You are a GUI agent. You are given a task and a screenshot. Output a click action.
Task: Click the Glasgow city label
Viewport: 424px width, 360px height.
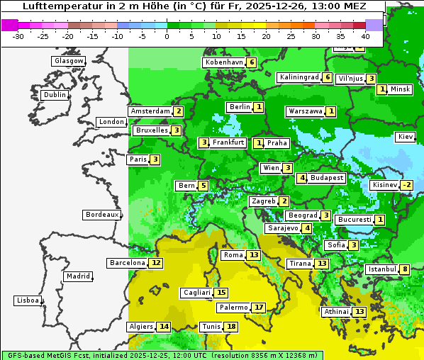(x=68, y=61)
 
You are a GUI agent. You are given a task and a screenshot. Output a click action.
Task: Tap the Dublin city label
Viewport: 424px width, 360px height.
(x=54, y=95)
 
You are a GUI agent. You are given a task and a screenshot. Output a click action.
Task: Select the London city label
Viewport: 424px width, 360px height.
(x=111, y=122)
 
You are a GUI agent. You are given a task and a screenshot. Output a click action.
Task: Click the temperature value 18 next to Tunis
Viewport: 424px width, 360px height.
(x=231, y=327)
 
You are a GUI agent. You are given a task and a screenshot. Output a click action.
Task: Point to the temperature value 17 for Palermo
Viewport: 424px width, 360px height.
(x=260, y=308)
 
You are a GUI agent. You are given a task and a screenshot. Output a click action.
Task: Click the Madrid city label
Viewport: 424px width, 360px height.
(x=77, y=276)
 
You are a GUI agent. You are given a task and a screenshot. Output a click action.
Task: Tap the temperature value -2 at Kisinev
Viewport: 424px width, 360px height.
(x=406, y=186)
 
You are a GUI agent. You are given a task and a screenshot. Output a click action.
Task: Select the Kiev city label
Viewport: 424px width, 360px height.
(x=406, y=137)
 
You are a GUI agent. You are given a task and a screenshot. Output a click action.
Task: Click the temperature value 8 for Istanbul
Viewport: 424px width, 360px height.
(x=404, y=269)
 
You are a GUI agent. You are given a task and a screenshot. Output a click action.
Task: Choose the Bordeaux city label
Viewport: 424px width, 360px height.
(x=101, y=215)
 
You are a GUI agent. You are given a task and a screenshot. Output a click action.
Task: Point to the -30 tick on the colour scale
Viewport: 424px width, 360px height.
(x=18, y=36)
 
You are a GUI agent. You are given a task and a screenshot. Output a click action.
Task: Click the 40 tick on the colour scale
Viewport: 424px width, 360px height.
(x=366, y=36)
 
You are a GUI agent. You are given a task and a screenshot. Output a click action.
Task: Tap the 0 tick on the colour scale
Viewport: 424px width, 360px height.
(x=167, y=36)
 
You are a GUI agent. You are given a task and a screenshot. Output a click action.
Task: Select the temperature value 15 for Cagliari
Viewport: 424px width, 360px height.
(x=221, y=293)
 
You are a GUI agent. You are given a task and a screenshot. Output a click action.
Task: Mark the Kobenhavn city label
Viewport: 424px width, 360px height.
(x=224, y=62)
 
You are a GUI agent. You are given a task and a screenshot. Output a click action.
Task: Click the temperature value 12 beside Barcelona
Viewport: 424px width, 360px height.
(x=156, y=263)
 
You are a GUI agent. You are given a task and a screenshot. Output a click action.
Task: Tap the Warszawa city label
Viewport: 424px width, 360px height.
(x=305, y=111)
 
